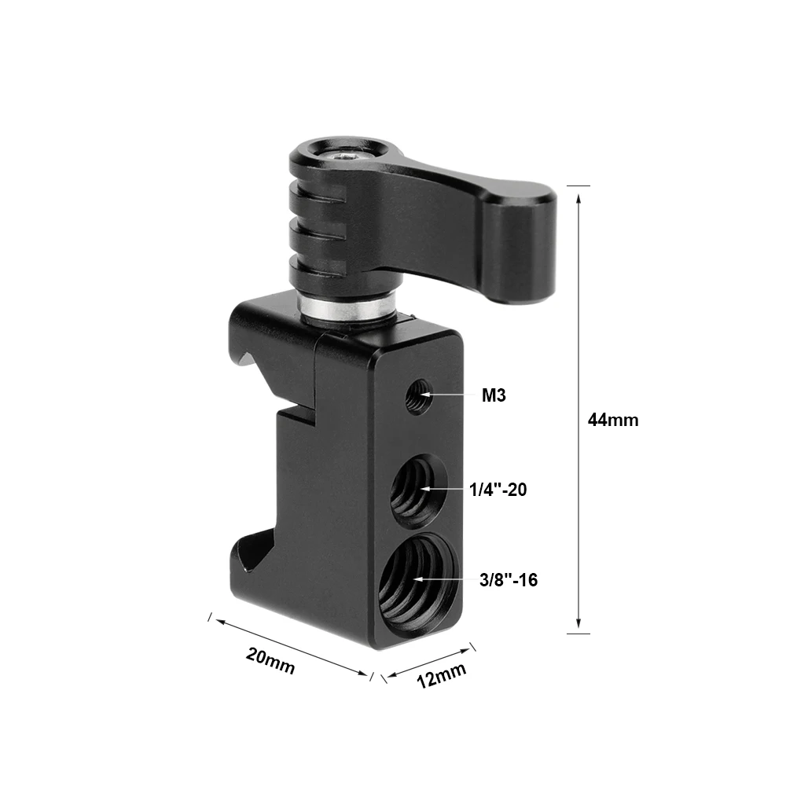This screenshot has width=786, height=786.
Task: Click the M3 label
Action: tap(494, 395)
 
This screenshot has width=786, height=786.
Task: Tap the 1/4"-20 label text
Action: tap(498, 490)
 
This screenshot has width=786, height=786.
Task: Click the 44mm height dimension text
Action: tap(613, 420)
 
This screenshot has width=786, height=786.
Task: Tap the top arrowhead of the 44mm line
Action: tap(578, 196)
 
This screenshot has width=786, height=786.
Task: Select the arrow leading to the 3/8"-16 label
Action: tap(448, 580)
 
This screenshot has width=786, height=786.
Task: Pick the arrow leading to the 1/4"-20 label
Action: tap(444, 489)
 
